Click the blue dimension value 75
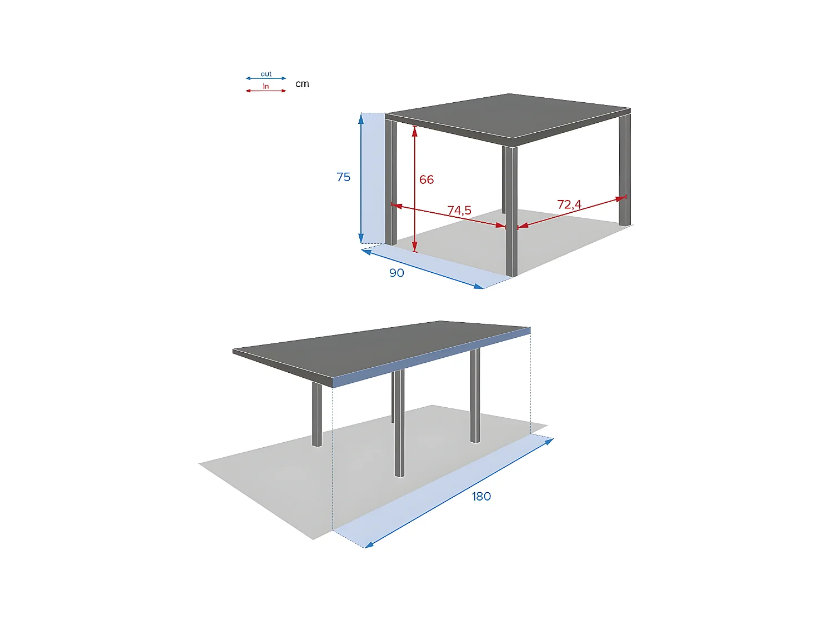343,177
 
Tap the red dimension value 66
426,179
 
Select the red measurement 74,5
459,210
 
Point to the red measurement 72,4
569,204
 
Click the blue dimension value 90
397,273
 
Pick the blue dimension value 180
481,496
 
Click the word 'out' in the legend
266,74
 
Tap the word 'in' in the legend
266,86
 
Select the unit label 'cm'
302,84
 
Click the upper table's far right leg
625,167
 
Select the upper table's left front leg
391,183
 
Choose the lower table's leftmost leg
317,414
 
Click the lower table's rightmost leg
475,394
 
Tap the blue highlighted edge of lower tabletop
433,356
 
